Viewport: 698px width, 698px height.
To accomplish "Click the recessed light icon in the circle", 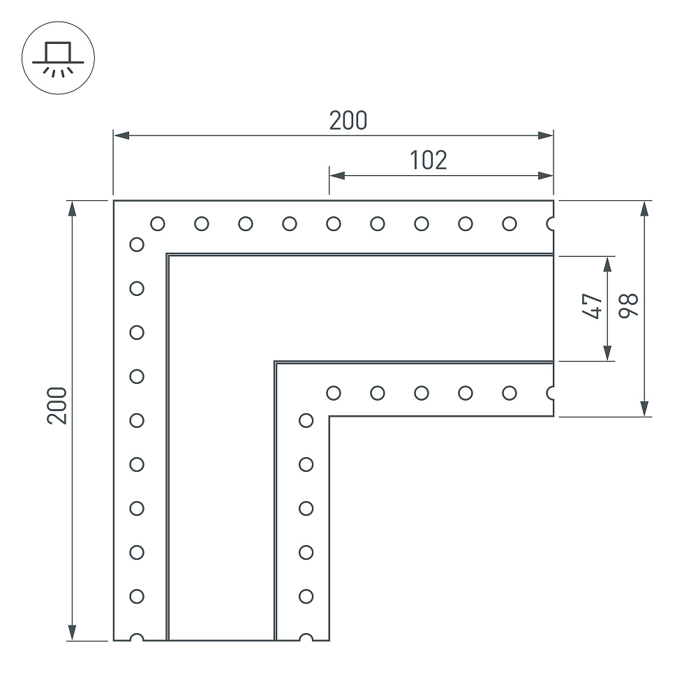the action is (x=58, y=58).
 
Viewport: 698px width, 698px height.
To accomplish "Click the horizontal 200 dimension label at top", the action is (x=348, y=121).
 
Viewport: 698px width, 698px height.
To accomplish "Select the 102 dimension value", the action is (x=429, y=161).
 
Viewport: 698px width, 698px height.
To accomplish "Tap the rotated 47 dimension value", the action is (x=592, y=306).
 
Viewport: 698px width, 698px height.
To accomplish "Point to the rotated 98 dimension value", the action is (x=629, y=306).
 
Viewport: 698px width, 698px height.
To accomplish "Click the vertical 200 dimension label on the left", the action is (x=57, y=406).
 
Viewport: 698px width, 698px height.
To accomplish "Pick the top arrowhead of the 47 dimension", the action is (x=607, y=264).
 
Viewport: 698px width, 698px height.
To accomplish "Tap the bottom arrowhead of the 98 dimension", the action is (x=644, y=408).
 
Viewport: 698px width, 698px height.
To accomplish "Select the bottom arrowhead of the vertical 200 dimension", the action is (x=72, y=632).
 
